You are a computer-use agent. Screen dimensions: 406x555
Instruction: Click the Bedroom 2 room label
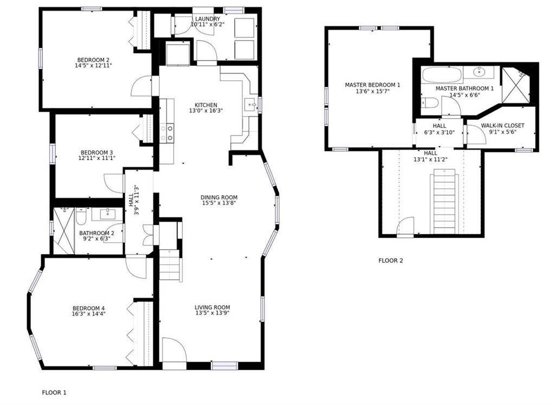93,60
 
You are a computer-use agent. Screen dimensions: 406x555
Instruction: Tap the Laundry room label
208,19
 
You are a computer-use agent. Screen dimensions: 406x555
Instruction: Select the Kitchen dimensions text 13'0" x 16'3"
206,111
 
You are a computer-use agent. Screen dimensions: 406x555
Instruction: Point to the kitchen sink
251,105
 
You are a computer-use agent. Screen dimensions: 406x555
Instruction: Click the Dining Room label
219,197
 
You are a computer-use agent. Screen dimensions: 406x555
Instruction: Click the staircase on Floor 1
169,265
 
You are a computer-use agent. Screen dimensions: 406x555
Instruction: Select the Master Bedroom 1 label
372,85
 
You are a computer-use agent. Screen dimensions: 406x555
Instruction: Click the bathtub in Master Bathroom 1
444,75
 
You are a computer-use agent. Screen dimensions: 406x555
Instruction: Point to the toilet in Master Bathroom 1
430,102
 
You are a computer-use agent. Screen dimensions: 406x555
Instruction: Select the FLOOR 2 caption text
390,261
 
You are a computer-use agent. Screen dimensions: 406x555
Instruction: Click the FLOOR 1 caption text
54,392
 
